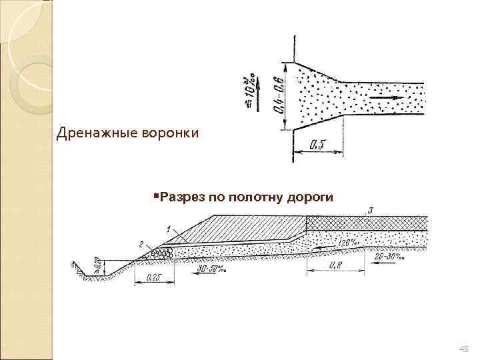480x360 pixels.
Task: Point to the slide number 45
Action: [465, 349]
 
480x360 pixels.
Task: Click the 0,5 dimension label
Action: [318, 145]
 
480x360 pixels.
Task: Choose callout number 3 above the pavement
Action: [371, 211]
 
